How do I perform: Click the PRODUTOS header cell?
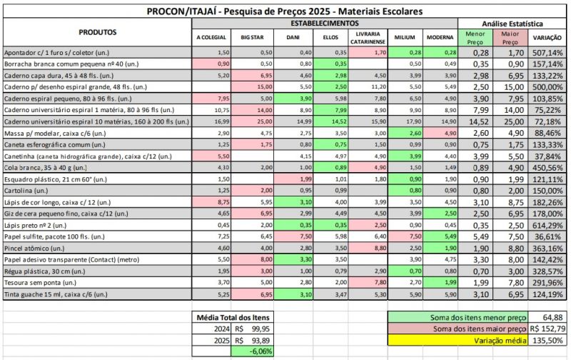[98, 32]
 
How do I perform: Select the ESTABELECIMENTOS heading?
[325, 24]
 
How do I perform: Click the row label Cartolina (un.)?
[27, 191]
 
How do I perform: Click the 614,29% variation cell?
[547, 225]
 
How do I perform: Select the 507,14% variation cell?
[547, 53]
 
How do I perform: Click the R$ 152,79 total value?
[548, 328]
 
